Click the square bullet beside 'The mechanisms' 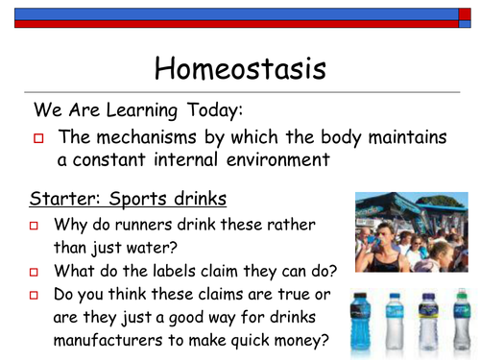(x=39, y=138)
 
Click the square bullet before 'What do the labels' (x=33, y=272)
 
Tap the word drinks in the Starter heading (x=197, y=200)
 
